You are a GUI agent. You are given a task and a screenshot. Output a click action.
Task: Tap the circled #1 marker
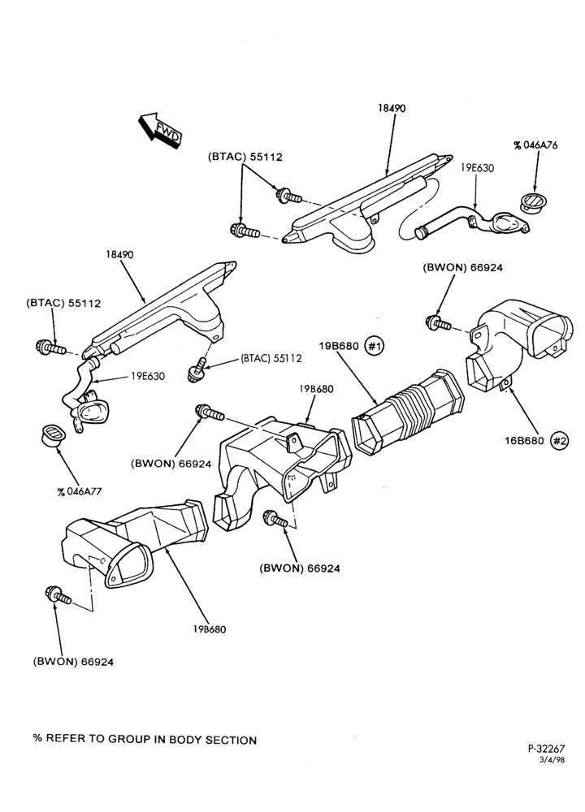[x=374, y=346]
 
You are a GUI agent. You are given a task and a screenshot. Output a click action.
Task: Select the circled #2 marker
[x=559, y=441]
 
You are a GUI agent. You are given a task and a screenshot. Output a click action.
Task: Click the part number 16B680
[x=524, y=441]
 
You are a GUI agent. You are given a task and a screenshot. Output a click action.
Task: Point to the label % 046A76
[x=535, y=145]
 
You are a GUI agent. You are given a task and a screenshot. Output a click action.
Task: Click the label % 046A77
[x=80, y=491]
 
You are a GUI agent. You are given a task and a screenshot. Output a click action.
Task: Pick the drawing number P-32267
[x=546, y=748]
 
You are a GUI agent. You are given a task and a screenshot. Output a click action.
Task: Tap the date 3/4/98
[x=552, y=759]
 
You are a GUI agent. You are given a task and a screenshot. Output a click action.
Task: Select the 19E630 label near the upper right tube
[x=477, y=168]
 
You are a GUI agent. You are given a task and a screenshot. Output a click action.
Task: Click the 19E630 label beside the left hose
[x=148, y=376]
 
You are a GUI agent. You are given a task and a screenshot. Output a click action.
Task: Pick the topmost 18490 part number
[x=391, y=108]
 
